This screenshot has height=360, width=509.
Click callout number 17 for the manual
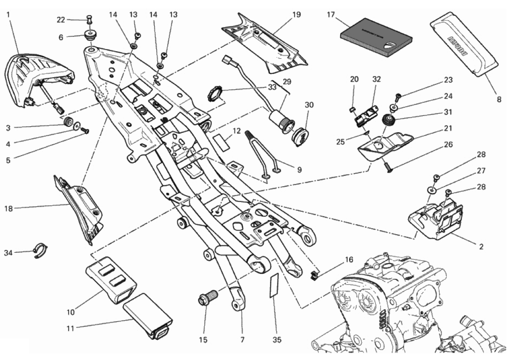[x=331, y=15]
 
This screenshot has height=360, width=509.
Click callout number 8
[x=499, y=99]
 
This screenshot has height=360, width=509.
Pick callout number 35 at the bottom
[x=277, y=340]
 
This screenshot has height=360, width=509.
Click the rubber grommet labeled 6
[x=89, y=37]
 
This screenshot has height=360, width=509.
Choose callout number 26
[x=448, y=145]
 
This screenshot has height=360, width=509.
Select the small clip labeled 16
[x=314, y=274]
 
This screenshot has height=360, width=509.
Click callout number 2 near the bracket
[x=481, y=247]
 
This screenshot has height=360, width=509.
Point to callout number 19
[x=296, y=15]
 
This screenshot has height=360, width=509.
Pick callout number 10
[x=71, y=312]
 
